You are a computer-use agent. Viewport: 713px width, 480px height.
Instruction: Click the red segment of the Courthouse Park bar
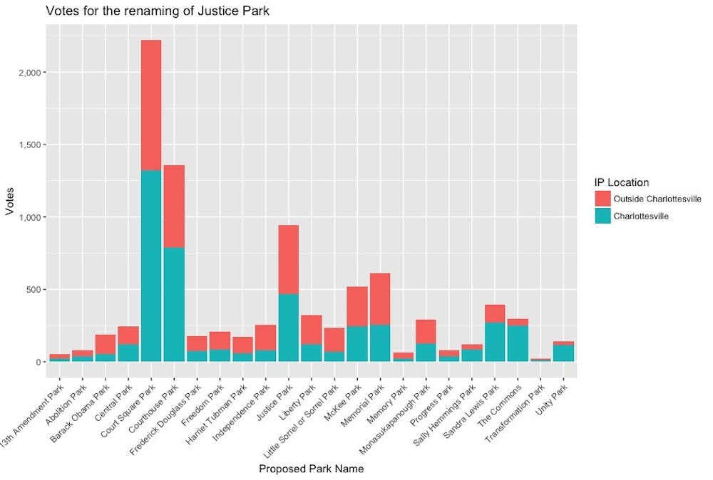point(174,206)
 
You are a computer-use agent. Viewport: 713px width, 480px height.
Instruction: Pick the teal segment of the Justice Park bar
point(288,328)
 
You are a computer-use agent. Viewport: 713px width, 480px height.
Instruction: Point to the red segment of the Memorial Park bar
point(380,298)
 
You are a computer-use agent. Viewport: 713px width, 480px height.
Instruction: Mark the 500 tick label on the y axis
point(37,290)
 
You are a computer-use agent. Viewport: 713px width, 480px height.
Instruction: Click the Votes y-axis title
point(10,202)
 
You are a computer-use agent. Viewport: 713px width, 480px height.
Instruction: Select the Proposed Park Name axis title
point(311,469)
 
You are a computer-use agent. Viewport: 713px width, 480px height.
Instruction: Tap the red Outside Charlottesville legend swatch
point(603,198)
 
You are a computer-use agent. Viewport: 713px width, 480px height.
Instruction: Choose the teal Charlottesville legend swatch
point(603,216)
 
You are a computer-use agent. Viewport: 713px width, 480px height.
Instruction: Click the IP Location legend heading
point(622,182)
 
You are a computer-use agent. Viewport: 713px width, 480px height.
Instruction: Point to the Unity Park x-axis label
point(557,394)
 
